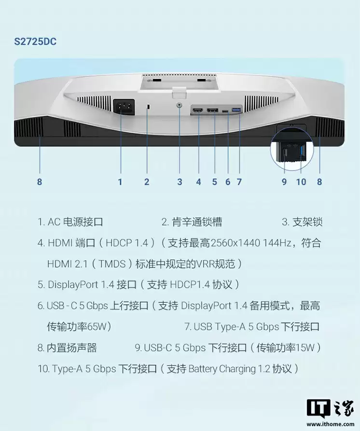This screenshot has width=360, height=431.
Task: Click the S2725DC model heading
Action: click(x=35, y=42)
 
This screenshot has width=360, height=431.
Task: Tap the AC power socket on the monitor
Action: click(x=124, y=107)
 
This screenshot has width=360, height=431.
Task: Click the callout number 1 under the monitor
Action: click(x=120, y=182)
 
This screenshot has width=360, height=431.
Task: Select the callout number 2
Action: click(x=147, y=182)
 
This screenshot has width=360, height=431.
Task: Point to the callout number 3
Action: click(x=180, y=182)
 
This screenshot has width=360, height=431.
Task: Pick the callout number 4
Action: click(x=198, y=182)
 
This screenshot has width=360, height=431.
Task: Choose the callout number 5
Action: click(x=214, y=182)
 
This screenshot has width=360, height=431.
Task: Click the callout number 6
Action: click(x=228, y=182)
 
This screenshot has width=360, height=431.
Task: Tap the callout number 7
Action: click(x=239, y=182)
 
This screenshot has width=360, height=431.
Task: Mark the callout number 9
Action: click(x=284, y=182)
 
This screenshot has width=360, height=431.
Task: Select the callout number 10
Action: click(x=301, y=182)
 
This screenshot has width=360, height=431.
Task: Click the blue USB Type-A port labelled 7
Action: click(x=236, y=111)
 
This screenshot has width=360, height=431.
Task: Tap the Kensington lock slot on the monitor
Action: click(x=148, y=107)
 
